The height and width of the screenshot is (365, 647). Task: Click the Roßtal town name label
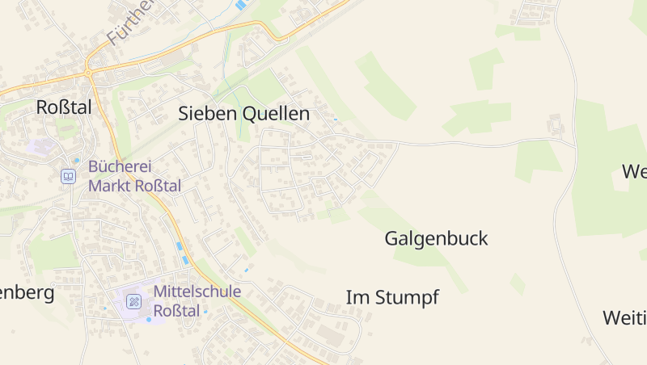[64, 107]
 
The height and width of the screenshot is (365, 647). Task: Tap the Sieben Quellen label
[243, 114]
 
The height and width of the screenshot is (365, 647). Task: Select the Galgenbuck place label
[436, 239]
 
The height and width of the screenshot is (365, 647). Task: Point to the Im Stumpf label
[392, 297]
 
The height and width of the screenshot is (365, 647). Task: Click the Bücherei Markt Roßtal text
[134, 176]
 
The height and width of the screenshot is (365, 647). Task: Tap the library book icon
[69, 176]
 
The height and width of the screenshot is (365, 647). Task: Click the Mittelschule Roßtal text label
[197, 300]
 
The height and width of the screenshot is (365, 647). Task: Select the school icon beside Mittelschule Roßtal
[134, 302]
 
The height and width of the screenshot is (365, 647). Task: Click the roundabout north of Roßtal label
[87, 74]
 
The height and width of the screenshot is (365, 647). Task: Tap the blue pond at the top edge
[240, 5]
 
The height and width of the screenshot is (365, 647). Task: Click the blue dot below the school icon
[149, 320]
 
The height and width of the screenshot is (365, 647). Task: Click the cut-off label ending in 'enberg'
[27, 292]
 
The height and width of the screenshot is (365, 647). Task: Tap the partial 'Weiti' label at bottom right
[624, 317]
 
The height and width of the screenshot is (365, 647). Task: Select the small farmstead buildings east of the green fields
[556, 124]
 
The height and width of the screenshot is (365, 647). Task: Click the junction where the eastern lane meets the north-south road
[574, 146]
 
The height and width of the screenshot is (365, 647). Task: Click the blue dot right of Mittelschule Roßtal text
[205, 311]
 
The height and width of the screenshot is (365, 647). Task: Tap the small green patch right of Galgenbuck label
[517, 283]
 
